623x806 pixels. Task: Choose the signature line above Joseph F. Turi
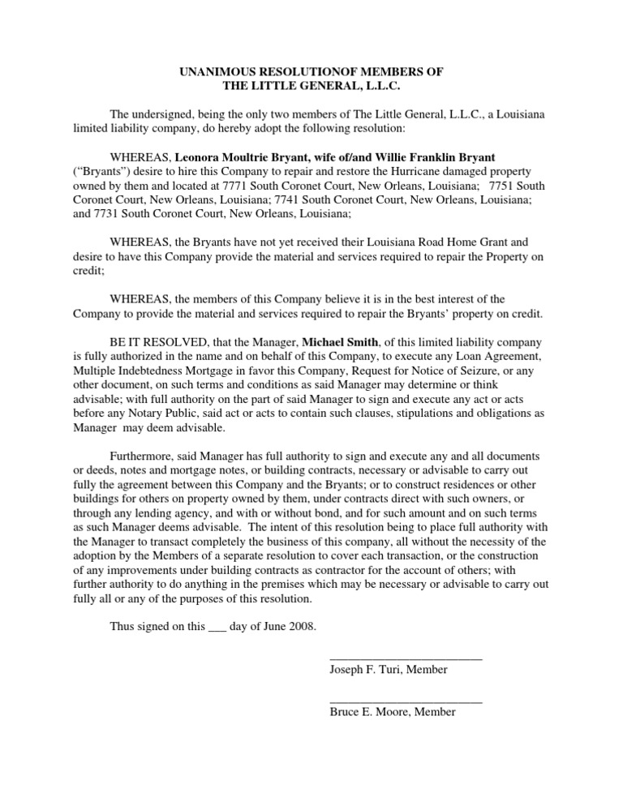pos(406,659)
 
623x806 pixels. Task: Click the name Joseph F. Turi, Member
pos(389,671)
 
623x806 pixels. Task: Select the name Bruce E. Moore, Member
pos(393,713)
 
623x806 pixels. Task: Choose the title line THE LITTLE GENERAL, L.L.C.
pos(311,86)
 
